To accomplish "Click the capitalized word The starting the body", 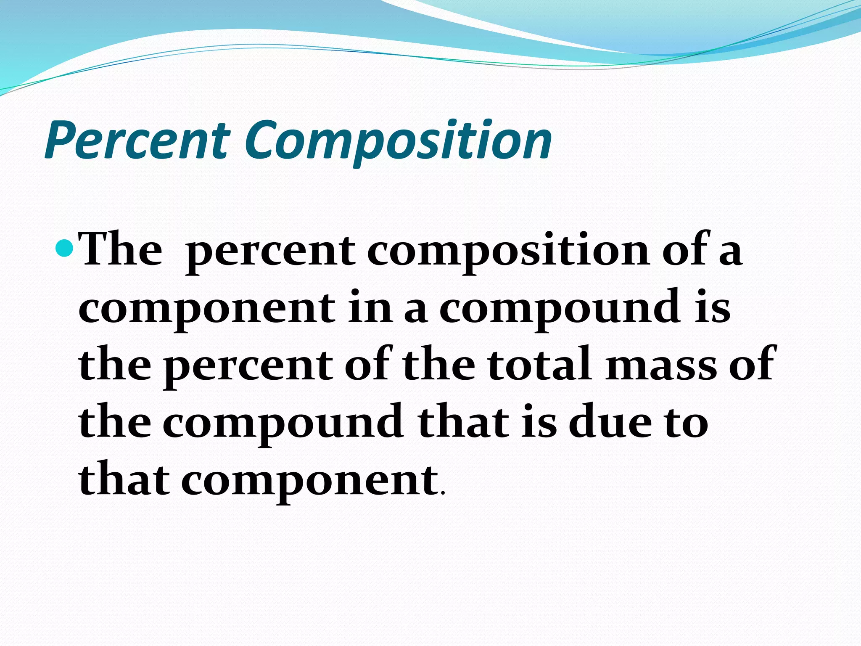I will (121, 250).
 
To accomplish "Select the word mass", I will (660, 366).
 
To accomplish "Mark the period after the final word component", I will (441, 492).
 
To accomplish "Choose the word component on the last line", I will (309, 481).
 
